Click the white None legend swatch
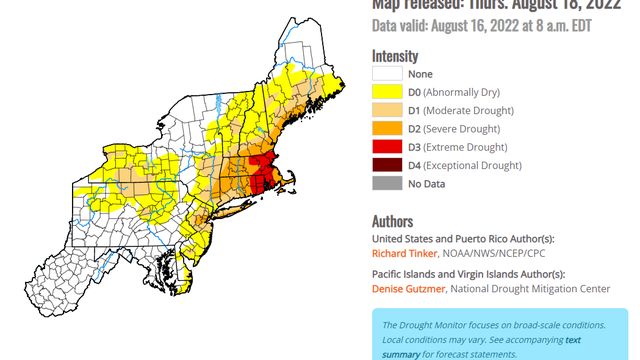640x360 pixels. click(x=388, y=74)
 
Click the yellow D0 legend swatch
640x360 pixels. click(x=388, y=92)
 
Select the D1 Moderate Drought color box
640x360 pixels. click(x=388, y=110)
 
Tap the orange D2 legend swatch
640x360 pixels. click(x=388, y=128)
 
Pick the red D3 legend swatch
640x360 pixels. click(x=388, y=147)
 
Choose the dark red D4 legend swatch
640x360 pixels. click(x=388, y=165)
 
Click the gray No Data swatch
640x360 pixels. click(x=388, y=183)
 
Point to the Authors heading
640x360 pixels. click(x=393, y=220)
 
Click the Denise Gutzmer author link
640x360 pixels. click(x=407, y=289)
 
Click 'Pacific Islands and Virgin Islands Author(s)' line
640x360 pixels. click(x=467, y=274)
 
